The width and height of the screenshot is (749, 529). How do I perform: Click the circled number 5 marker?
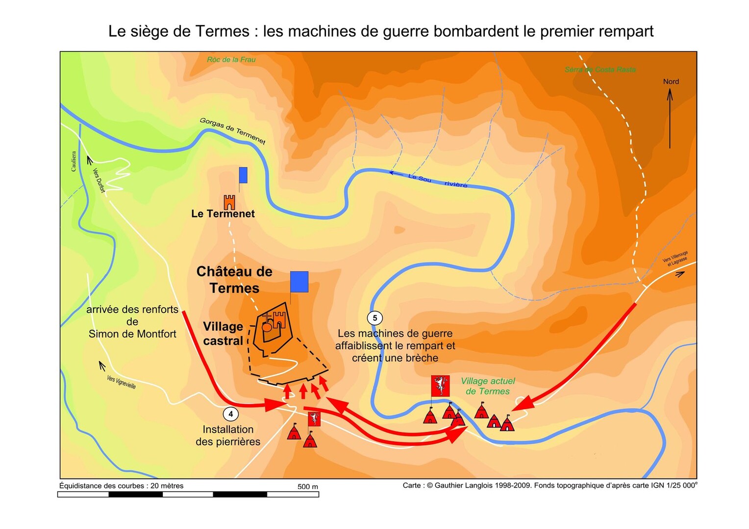375,318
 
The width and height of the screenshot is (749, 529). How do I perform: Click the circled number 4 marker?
230,414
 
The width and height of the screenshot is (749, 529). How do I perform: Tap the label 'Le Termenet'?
223,214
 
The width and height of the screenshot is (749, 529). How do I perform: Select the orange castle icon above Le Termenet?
229,202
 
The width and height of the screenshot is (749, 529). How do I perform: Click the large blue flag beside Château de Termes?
299,282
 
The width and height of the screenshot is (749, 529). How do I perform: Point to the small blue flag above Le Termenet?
243,175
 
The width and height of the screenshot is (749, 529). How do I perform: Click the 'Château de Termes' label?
234,280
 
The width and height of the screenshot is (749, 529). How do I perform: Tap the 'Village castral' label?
223,334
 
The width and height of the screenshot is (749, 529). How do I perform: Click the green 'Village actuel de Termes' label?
488,386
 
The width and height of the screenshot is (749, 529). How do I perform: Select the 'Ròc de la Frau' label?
231,60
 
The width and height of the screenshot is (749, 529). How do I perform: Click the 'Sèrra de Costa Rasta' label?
600,70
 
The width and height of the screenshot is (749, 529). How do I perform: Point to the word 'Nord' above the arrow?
671,81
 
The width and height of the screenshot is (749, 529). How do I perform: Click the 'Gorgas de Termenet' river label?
232,131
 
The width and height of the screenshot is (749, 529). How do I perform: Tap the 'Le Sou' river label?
420,178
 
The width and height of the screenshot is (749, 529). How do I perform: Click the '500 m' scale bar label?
308,486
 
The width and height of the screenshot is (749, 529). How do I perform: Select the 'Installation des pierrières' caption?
228,435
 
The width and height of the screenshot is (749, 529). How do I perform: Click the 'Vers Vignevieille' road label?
121,382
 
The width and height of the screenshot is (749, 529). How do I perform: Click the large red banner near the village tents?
440,386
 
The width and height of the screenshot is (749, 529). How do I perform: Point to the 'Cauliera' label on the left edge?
74,161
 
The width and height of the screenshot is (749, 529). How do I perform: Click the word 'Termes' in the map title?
223,31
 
